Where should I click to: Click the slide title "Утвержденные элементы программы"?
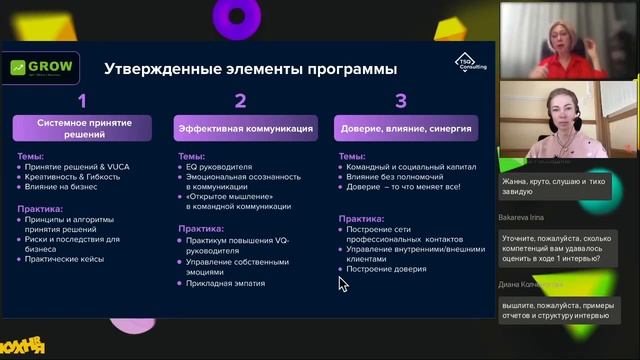pos(251,69)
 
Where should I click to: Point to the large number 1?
pos(83,100)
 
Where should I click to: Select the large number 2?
pos(240,100)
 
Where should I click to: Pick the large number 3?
pos(401,100)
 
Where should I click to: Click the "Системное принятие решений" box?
pos(82,129)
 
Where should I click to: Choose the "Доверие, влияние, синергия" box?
pos(406,129)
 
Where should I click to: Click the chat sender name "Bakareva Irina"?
pos(523,215)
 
